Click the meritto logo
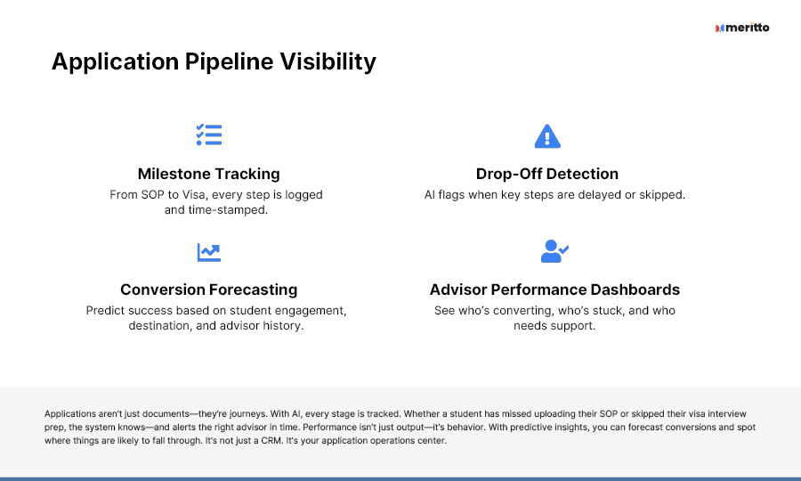coord(742,28)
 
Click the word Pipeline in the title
coord(229,62)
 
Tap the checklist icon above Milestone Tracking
coord(209,135)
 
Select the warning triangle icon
coord(547,136)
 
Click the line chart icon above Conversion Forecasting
coord(209,252)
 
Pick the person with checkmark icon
coord(554,251)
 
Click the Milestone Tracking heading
coord(209,174)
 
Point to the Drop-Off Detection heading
coord(547,174)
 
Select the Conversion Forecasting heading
coord(209,289)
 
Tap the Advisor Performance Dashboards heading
coord(554,289)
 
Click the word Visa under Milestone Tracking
coord(194,195)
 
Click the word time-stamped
coord(228,210)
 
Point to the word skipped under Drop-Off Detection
coord(661,195)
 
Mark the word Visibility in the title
coord(328,62)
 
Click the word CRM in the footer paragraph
coord(271,441)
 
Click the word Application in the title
coord(116,62)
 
